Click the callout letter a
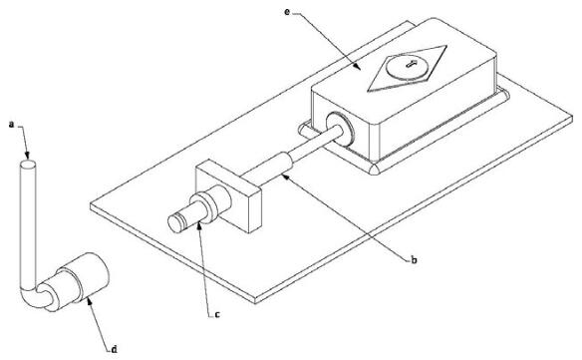tap(12, 125)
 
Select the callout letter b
tap(414, 259)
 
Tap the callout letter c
tap(217, 315)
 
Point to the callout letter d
tap(115, 349)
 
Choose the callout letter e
tap(287, 12)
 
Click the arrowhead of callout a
tap(27, 155)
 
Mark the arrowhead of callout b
tap(285, 177)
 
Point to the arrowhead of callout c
tap(199, 225)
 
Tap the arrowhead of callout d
tap(89, 299)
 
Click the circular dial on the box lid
tap(407, 67)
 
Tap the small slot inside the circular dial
tap(412, 64)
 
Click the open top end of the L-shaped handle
tap(28, 164)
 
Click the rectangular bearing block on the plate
tap(228, 195)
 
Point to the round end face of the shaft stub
tap(174, 223)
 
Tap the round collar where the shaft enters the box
tap(340, 129)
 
